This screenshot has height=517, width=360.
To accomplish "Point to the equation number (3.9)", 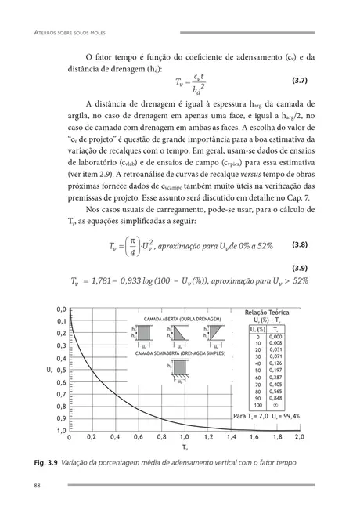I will click(x=304, y=267).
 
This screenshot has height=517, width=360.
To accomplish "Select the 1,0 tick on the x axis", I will click(x=184, y=437).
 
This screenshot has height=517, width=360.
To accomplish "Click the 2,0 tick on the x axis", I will click(x=299, y=437).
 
